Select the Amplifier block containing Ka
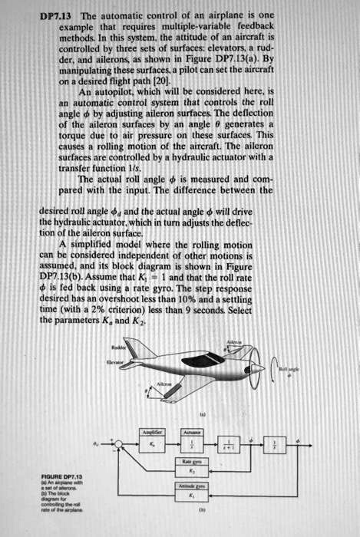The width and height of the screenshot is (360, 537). tap(150, 445)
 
